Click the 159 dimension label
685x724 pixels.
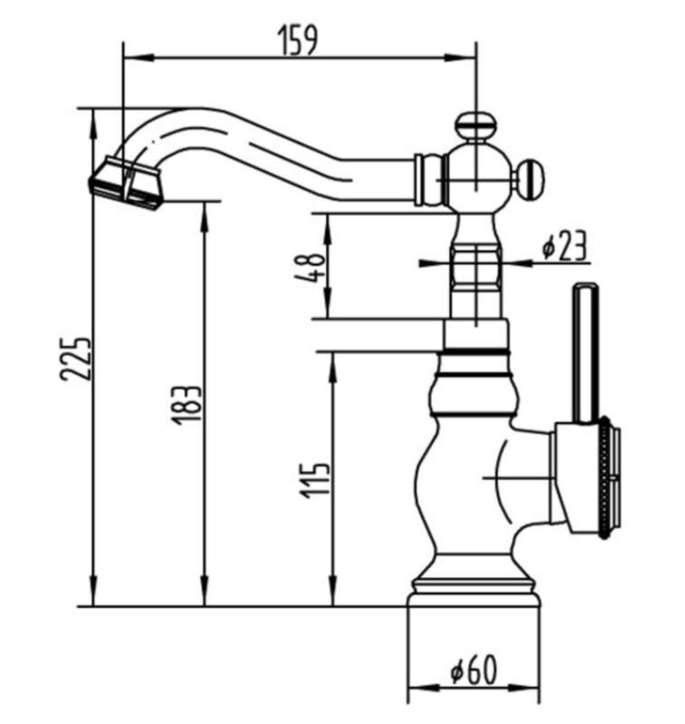point(298,40)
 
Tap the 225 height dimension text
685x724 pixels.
point(76,359)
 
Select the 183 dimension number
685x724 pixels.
point(186,405)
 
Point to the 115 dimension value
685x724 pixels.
point(316,481)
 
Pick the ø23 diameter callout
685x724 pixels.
point(564,245)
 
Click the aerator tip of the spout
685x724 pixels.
point(126,184)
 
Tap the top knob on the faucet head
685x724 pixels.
point(476,124)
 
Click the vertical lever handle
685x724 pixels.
point(585,353)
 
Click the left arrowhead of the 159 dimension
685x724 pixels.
point(138,58)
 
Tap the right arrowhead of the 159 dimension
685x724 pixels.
point(461,58)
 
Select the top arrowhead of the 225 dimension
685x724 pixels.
point(93,124)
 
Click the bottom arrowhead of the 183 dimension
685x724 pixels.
point(204,591)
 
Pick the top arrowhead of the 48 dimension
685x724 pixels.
point(327,230)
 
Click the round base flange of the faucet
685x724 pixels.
point(474,594)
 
